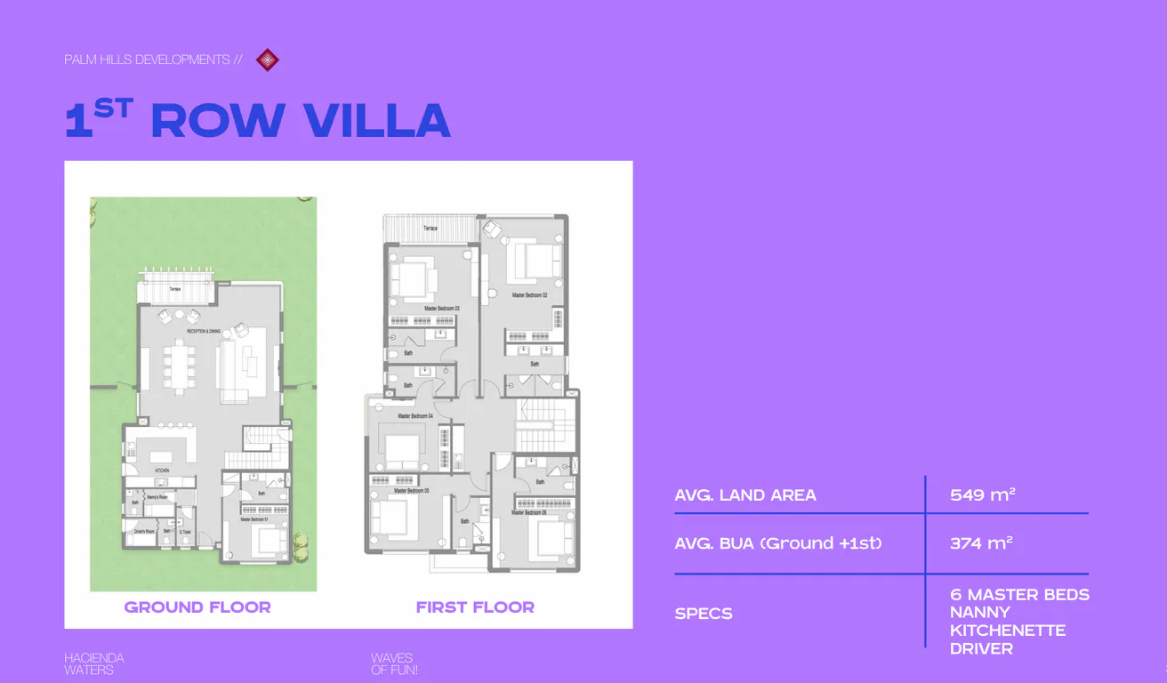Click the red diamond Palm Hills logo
click(x=267, y=60)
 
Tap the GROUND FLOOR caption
click(x=197, y=607)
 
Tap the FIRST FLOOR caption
click(x=475, y=607)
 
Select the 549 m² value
click(x=982, y=494)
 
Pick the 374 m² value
click(x=981, y=542)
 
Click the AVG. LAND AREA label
click(x=745, y=495)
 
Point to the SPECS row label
click(x=704, y=614)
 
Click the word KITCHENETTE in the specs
click(x=1007, y=631)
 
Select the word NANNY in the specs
click(x=979, y=613)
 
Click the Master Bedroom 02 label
click(x=528, y=295)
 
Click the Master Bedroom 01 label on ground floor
click(x=254, y=519)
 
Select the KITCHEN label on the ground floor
click(x=162, y=470)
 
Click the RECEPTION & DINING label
click(x=204, y=332)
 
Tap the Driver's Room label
click(x=144, y=532)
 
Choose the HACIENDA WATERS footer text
click(x=93, y=664)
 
